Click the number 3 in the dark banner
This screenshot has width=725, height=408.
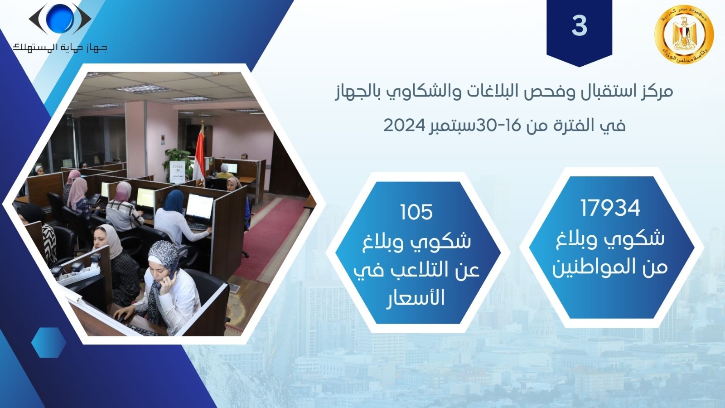580,26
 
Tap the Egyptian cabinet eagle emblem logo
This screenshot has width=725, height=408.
684,34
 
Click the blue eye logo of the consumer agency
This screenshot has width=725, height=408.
60,19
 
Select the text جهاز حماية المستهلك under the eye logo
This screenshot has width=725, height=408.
60,48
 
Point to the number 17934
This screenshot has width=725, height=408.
610,208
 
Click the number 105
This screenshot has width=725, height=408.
416,212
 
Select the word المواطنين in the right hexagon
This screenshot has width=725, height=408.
610,268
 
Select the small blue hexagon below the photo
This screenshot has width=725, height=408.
49,343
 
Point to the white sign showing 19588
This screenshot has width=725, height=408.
177,172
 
